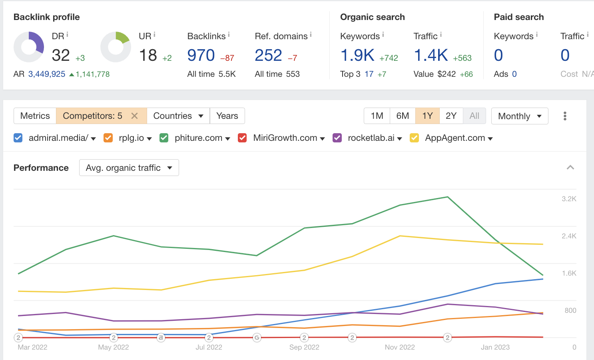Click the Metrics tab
click(35, 116)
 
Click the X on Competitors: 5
click(135, 116)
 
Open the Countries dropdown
click(178, 116)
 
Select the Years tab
click(227, 116)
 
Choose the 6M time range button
click(403, 116)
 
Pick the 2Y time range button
click(451, 116)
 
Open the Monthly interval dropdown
click(520, 116)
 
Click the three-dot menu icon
click(565, 116)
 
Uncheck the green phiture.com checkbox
click(164, 138)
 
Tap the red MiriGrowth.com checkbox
click(242, 138)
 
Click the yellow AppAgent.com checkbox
click(415, 138)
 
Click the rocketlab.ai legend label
click(371, 138)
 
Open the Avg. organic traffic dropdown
click(129, 168)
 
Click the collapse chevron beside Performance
click(570, 168)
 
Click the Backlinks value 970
click(201, 55)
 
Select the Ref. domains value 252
click(268, 55)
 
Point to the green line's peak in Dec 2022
click(447, 197)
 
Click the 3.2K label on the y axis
click(569, 199)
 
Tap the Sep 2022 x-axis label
click(304, 347)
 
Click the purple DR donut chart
click(29, 47)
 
